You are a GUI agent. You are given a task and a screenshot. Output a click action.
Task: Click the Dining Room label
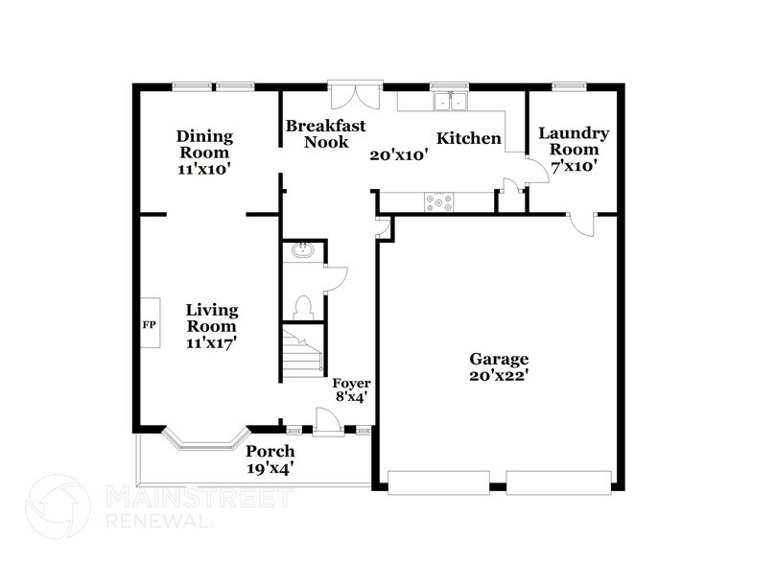[x=203, y=153]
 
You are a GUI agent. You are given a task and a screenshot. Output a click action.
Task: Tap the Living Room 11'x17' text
[x=211, y=325]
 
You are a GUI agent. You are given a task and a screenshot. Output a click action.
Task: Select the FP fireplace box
[x=149, y=325]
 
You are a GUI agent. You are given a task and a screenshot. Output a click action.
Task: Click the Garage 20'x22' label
[x=498, y=367]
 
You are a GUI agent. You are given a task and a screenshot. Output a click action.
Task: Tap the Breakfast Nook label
[x=315, y=133]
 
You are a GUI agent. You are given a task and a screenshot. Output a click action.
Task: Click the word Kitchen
[x=468, y=139]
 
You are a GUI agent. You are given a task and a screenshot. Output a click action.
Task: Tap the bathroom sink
[x=302, y=251]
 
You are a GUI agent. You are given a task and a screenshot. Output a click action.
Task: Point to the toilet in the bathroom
[x=303, y=307]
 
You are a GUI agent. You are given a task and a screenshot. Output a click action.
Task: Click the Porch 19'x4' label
[x=270, y=459]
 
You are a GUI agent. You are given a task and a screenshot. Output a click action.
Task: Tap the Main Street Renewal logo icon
[x=59, y=509]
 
